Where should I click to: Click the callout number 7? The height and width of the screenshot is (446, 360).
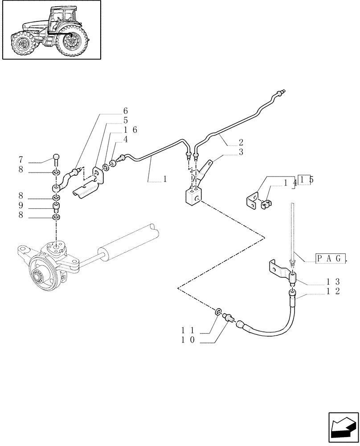tap(20, 159)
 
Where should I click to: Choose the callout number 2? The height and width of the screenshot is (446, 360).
tap(241, 143)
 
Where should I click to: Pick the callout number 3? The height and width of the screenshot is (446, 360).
tap(241, 153)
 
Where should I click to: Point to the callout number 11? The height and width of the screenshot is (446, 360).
tap(187, 330)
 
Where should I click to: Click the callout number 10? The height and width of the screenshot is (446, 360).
tap(187, 341)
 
